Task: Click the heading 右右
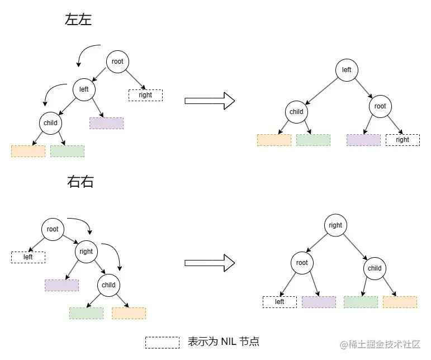[x=80, y=182]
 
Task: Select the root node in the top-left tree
[x=117, y=61]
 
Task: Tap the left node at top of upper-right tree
[x=347, y=70]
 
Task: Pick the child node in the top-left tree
[x=50, y=123]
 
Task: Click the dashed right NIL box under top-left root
[x=145, y=95]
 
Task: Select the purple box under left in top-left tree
[x=106, y=123]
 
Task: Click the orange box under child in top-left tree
[x=28, y=151]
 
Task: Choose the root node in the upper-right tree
[x=380, y=106]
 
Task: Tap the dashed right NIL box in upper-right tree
[x=402, y=140]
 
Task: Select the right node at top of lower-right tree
[x=335, y=225]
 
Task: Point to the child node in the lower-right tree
[x=375, y=268]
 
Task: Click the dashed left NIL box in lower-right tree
[x=280, y=302]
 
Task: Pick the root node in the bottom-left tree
[x=53, y=229]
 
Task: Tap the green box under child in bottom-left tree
[x=86, y=313]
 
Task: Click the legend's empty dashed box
[x=162, y=342]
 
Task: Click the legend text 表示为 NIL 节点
[x=224, y=342]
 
